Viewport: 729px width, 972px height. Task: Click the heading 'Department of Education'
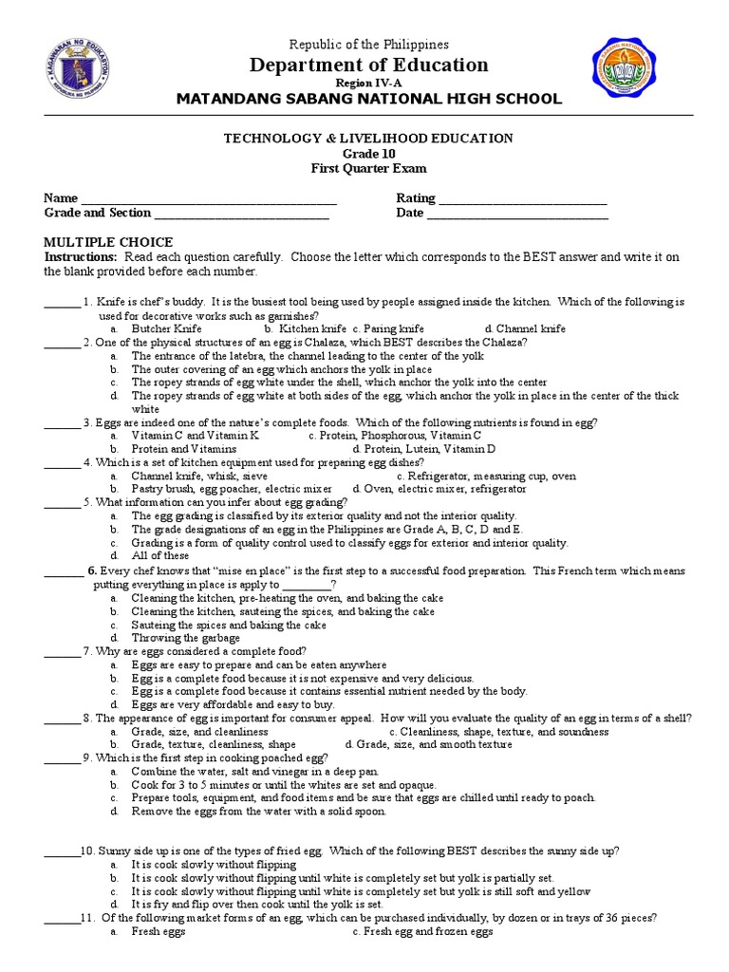(x=369, y=65)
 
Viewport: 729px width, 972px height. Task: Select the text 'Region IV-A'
(x=369, y=84)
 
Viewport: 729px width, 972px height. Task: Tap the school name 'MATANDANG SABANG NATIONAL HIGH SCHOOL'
(x=369, y=100)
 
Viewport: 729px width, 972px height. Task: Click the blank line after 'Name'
(x=209, y=200)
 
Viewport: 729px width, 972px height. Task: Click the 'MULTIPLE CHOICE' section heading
(x=108, y=242)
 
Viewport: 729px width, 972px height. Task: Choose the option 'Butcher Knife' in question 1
(x=166, y=328)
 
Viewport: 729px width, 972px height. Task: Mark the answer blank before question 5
(x=62, y=503)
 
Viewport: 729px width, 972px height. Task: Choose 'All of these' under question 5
(x=160, y=556)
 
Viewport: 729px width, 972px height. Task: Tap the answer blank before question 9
(x=62, y=758)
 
